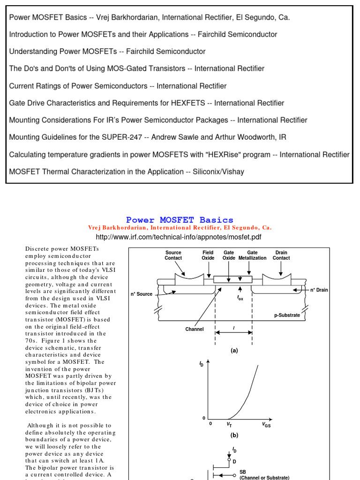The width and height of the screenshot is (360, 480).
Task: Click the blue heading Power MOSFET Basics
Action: [180, 220]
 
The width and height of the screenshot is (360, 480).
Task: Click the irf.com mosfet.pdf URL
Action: [179, 237]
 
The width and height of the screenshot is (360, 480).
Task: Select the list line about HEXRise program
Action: [179, 154]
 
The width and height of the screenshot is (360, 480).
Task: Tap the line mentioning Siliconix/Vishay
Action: [127, 172]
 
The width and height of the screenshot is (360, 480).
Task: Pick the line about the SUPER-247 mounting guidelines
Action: [148, 137]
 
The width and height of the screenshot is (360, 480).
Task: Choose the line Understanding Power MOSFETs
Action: [107, 52]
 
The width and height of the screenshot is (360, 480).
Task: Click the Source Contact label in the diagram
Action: [173, 255]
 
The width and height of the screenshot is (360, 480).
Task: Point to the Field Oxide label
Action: [208, 255]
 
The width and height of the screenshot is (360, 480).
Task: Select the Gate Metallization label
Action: [252, 255]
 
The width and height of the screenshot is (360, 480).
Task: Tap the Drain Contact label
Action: [281, 255]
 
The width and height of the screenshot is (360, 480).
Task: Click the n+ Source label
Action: [142, 294]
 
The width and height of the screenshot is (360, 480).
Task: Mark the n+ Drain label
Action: [319, 290]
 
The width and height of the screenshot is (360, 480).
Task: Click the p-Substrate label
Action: [287, 315]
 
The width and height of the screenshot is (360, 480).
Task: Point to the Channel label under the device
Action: [195, 329]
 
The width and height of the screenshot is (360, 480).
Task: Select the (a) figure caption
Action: [234, 350]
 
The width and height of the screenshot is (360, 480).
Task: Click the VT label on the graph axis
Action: [229, 424]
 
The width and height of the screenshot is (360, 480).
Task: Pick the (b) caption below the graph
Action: [234, 435]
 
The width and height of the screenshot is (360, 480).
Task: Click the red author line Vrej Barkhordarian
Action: [180, 228]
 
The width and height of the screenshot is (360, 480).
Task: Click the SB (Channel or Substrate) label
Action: [264, 475]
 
